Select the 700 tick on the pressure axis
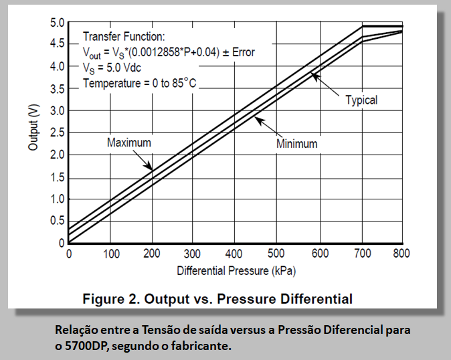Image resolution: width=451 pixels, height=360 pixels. tap(361, 254)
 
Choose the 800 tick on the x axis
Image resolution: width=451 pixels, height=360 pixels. tap(401, 254)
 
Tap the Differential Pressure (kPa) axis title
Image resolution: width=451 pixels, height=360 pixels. tap(236, 272)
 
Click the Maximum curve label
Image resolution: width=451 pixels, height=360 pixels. tap(129, 143)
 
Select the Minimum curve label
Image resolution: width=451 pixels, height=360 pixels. tap(296, 144)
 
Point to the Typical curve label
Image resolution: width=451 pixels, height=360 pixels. tap(361, 100)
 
